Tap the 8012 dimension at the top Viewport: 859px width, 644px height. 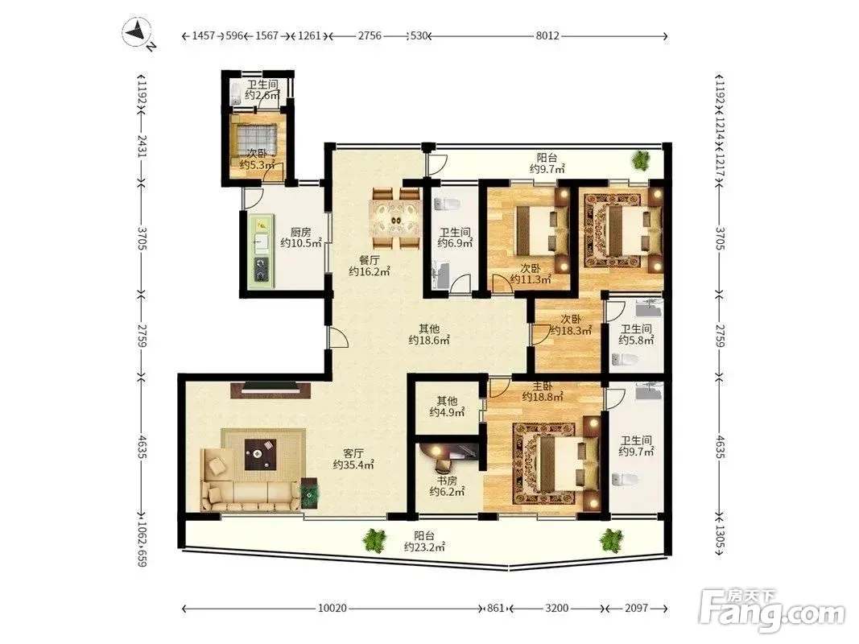[x=547, y=36]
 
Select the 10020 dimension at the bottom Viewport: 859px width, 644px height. [x=332, y=608]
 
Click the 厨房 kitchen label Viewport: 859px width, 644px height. [x=300, y=232]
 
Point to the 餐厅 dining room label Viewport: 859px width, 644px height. [x=370, y=260]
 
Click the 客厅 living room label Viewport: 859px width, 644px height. [x=353, y=453]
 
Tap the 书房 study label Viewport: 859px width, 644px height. [x=447, y=481]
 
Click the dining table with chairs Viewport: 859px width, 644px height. [x=394, y=218]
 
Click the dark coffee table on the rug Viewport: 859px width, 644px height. [x=260, y=454]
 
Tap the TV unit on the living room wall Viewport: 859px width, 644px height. [x=271, y=390]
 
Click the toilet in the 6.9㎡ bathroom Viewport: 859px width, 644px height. [x=446, y=204]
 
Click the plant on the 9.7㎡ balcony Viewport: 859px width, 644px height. [x=640, y=160]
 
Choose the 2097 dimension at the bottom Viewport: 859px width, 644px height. [x=637, y=608]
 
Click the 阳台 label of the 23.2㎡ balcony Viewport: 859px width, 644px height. [x=424, y=535]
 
